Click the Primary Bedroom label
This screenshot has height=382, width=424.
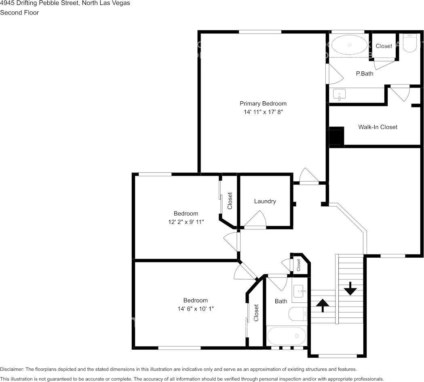tap(263, 103)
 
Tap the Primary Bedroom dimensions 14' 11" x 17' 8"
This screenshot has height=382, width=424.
tap(263, 112)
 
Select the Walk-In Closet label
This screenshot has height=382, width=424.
tap(378, 127)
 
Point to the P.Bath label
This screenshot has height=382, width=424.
tap(365, 73)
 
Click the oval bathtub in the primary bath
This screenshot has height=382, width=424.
tap(349, 44)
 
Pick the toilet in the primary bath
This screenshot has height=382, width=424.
tap(409, 43)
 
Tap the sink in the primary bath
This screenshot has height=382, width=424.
tap(340, 95)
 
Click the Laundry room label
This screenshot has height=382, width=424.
tap(265, 201)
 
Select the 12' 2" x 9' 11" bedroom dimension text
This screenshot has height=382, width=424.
tap(186, 222)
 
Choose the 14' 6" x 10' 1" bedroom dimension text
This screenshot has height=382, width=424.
tap(196, 309)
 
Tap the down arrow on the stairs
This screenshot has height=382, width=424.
tap(350, 289)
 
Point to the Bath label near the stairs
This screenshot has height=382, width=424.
tap(281, 301)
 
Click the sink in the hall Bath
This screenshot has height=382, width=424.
tap(300, 291)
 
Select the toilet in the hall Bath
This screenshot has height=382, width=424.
tap(298, 314)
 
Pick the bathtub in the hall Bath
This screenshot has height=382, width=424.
tap(286, 336)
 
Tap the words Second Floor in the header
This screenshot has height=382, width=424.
tap(19, 13)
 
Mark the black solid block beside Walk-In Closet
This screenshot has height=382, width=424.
tap(337, 137)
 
